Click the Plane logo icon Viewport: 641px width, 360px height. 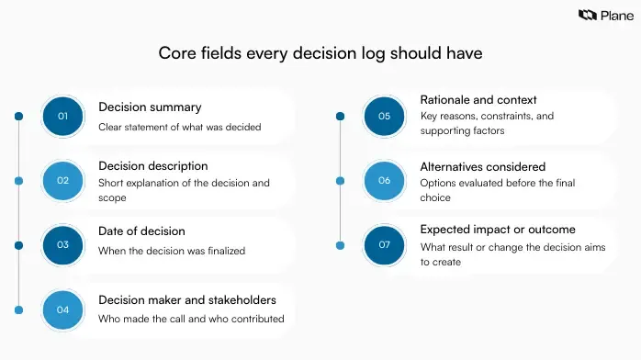[587, 15]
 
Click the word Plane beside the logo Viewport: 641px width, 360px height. [613, 15]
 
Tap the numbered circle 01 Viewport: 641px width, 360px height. [62, 116]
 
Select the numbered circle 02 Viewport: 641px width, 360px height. [62, 180]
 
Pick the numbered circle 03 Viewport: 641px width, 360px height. [62, 244]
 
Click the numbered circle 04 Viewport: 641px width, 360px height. [62, 309]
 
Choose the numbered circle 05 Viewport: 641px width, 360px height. [384, 116]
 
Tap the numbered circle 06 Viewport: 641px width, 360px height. [384, 180]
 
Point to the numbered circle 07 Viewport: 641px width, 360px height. [384, 244]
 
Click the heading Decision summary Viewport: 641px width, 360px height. [150, 107]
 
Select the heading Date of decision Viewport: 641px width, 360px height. [141, 231]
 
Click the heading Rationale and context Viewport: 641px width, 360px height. [478, 99]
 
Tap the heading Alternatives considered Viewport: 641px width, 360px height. [482, 166]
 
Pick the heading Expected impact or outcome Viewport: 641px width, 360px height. [498, 230]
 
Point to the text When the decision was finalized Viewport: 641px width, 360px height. [172, 251]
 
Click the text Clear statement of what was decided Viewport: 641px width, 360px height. [180, 127]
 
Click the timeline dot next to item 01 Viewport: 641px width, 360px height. [18, 116]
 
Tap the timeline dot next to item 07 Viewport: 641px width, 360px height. [340, 245]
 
